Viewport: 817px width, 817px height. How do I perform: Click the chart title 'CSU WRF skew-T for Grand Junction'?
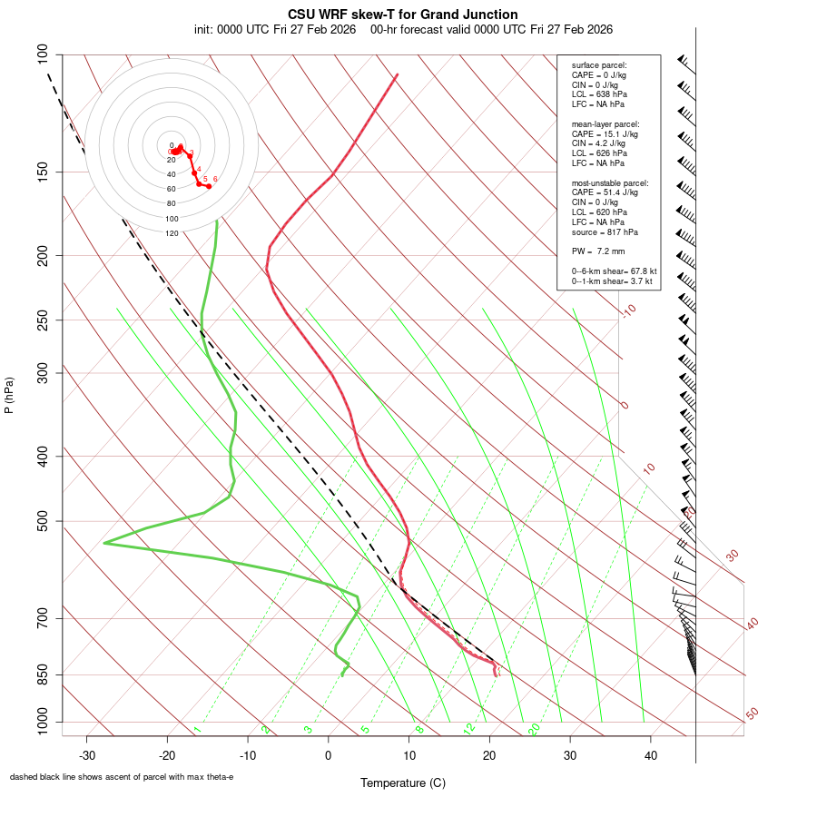403,15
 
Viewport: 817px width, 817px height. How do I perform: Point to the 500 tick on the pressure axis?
43,521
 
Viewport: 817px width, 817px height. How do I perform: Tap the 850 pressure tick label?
43,674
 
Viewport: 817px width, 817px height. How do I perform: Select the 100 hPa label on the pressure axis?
43,54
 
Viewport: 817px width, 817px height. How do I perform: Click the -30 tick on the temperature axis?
87,755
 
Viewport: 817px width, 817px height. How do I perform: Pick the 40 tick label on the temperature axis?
651,755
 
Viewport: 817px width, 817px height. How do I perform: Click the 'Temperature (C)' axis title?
403,783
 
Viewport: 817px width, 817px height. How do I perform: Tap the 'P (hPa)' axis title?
9,395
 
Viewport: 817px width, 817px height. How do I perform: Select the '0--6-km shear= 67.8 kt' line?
614,271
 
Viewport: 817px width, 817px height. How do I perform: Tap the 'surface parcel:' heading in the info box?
599,65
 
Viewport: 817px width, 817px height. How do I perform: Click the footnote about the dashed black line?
122,777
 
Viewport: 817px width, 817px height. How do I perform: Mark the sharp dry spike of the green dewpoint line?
105,543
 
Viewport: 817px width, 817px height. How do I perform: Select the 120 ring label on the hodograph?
172,233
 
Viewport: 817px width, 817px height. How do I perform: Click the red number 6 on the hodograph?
215,179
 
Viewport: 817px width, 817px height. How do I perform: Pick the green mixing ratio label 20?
534,729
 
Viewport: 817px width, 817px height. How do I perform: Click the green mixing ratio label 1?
196,729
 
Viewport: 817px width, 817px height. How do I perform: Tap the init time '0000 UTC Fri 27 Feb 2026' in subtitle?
275,29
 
